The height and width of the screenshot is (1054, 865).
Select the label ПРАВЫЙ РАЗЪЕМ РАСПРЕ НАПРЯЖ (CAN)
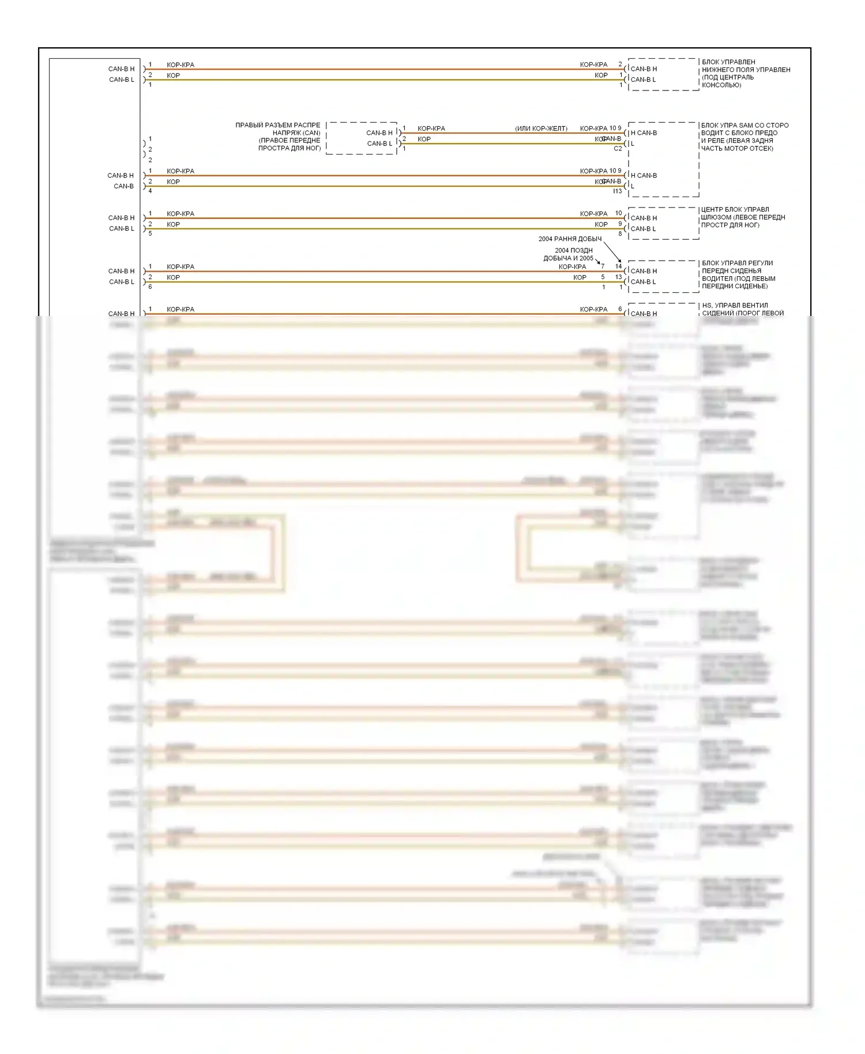(x=277, y=129)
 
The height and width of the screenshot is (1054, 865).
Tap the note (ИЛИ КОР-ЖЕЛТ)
(x=541, y=129)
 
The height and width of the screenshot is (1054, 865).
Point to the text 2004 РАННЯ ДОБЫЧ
(x=570, y=239)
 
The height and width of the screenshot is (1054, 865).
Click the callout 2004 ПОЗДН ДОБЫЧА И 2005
(x=569, y=254)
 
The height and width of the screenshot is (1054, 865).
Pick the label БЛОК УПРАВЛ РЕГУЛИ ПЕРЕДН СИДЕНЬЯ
(x=738, y=267)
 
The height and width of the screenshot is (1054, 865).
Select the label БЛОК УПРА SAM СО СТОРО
(x=744, y=125)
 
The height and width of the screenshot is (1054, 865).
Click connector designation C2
(x=618, y=149)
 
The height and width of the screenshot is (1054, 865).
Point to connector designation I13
(x=618, y=191)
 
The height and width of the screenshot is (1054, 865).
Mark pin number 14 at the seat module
(x=618, y=266)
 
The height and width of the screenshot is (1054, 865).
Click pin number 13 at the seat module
(x=618, y=277)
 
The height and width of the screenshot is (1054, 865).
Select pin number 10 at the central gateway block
(x=618, y=213)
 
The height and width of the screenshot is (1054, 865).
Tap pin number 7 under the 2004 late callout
(x=603, y=266)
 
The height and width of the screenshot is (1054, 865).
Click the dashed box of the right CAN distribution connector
(x=362, y=138)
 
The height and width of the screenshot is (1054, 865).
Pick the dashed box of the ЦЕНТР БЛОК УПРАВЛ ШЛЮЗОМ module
(x=663, y=223)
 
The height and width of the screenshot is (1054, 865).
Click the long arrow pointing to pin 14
(x=612, y=252)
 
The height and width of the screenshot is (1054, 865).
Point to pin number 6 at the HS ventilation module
(x=620, y=309)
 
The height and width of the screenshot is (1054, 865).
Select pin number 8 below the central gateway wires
(x=620, y=234)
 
